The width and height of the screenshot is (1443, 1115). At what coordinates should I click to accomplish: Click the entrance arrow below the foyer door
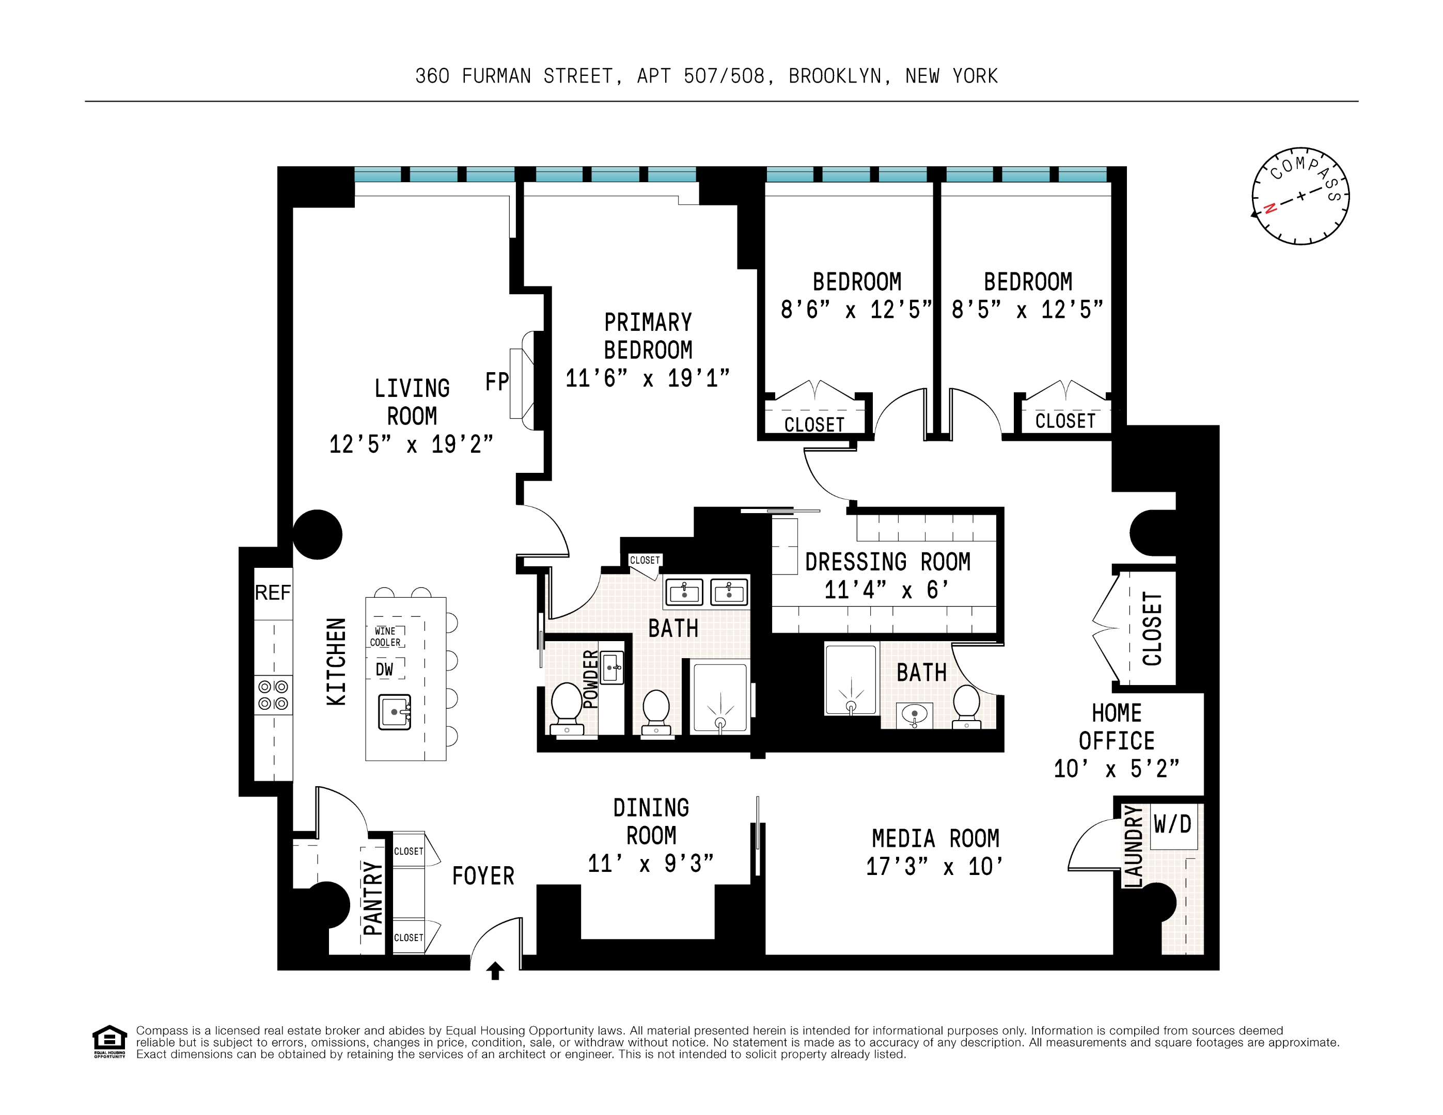(495, 970)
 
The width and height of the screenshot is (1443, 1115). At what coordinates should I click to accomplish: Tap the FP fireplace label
(497, 382)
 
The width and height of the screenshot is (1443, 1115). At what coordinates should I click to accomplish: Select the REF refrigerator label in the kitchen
(272, 593)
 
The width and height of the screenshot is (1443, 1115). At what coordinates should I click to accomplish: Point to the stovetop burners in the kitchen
(273, 695)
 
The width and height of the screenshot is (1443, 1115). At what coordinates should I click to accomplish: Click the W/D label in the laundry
(1172, 824)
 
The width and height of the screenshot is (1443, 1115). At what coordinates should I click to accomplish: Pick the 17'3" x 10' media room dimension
(934, 867)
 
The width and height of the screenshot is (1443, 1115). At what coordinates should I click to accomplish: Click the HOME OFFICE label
(1117, 727)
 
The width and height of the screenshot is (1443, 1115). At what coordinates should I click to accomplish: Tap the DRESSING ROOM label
(887, 562)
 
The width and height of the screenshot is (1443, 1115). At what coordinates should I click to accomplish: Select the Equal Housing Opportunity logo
(109, 1042)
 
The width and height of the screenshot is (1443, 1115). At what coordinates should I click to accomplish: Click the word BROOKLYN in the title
(835, 76)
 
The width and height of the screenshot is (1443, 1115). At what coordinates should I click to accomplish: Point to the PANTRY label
(373, 898)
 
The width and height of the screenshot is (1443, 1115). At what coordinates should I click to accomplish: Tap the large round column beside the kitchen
(317, 534)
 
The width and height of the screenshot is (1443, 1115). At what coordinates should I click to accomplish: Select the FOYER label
(483, 876)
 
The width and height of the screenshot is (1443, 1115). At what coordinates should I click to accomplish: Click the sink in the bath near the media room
(915, 715)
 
